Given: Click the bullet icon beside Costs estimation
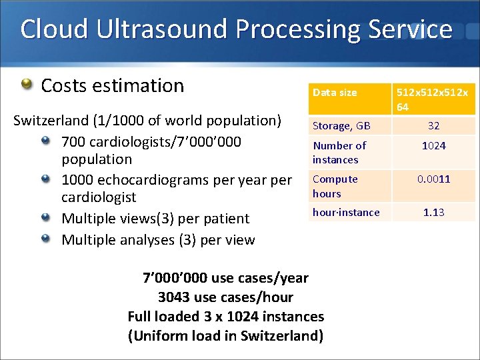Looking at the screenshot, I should coord(26,85).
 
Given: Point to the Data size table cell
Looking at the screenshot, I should coord(335,93).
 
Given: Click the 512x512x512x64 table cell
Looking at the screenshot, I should coord(433,99).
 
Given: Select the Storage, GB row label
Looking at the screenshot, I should coord(341,125).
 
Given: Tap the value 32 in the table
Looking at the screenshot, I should coord(433,125).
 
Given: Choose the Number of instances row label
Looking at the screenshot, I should coord(339,152).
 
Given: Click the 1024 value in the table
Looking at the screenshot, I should coord(433,145).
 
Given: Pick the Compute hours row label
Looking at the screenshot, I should coord(335,186).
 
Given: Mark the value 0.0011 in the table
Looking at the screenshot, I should coord(433,179).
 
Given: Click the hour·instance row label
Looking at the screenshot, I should coord(346,212).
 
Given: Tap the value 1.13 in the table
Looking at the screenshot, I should coord(433,212).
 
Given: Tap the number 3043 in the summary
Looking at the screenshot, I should coord(177,297).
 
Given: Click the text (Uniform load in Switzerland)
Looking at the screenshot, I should coord(225,335).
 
